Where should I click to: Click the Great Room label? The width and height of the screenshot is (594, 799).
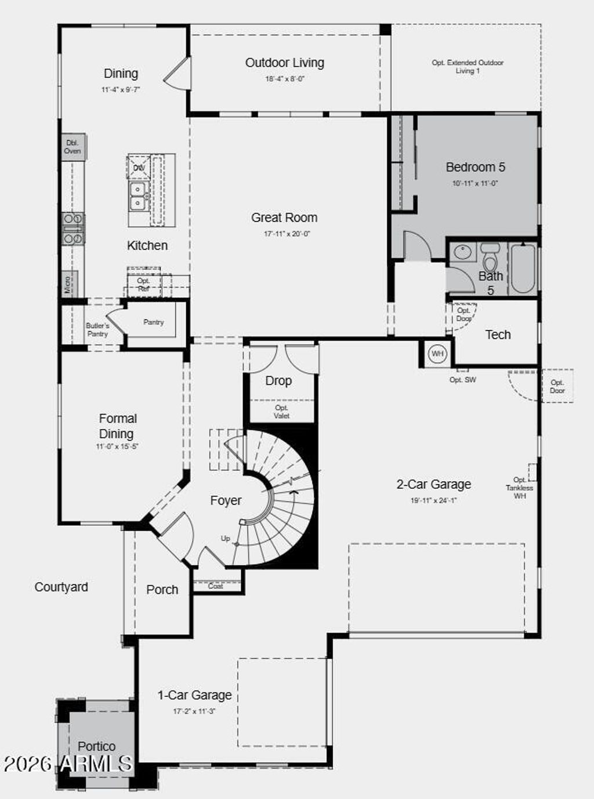[284, 218]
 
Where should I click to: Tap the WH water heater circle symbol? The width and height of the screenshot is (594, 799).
[437, 354]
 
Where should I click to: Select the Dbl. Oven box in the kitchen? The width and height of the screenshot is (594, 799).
[73, 147]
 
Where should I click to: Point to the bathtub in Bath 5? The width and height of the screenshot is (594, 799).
[523, 268]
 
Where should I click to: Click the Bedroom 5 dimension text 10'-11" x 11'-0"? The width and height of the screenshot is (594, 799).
[475, 183]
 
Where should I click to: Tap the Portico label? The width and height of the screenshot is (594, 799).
[96, 746]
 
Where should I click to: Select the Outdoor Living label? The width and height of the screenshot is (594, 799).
[284, 63]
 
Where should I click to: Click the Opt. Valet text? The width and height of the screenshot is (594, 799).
[282, 412]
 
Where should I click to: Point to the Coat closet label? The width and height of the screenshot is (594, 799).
[216, 586]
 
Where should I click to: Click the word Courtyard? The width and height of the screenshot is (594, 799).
[61, 587]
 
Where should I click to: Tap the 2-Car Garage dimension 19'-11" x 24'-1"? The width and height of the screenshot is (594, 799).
[433, 500]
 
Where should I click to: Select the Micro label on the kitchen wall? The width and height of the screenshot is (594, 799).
[68, 284]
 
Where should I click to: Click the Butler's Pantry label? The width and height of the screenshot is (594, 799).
[97, 330]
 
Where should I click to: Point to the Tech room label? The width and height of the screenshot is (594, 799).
[498, 335]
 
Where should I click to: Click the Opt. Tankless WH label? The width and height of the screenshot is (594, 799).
[519, 488]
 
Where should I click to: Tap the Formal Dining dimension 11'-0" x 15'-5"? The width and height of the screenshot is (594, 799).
[117, 446]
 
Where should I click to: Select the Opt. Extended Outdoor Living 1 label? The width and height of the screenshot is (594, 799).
[468, 67]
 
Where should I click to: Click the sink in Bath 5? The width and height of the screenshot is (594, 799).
[462, 252]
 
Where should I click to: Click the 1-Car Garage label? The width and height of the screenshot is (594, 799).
[194, 695]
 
